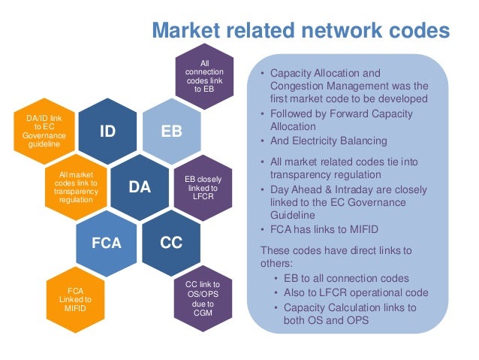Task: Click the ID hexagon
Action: tap(107, 132)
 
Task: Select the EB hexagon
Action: tap(170, 132)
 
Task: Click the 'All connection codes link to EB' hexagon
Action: tap(203, 77)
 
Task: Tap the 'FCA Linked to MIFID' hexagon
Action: tap(74, 298)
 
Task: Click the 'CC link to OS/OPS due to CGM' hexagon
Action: tap(203, 298)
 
